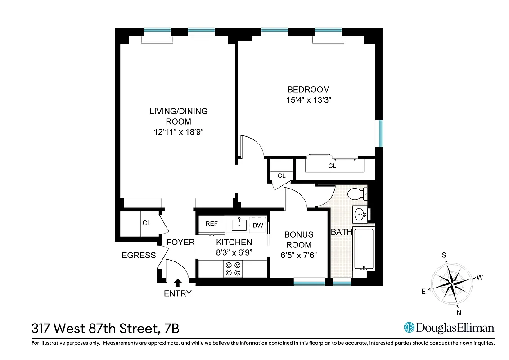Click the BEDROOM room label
(308, 90)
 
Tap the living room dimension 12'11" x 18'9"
(178, 132)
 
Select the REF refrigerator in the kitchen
(212, 224)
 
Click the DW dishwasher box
(257, 225)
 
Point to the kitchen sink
(239, 223)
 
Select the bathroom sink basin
(360, 214)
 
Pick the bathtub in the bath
(363, 249)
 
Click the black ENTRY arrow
(178, 283)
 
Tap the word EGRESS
(139, 255)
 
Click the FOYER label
(180, 243)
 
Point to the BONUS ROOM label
(299, 240)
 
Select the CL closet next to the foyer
(146, 223)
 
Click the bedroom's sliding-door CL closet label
(332, 166)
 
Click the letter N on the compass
(458, 313)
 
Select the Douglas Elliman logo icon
(409, 328)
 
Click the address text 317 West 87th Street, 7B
(105, 328)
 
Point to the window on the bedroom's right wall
(381, 133)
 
